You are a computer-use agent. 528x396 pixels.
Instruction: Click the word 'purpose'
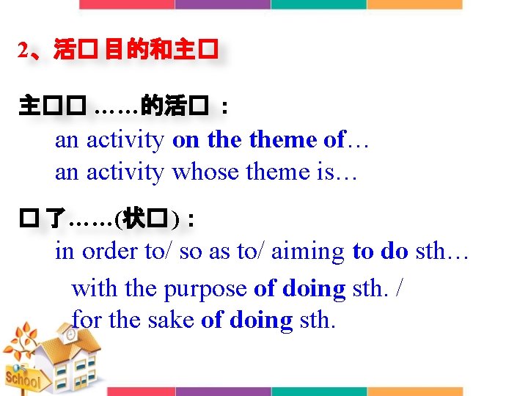point(205,290)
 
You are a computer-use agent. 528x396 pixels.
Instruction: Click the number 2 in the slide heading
point(23,51)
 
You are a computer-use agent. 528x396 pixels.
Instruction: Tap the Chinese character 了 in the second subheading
point(55,218)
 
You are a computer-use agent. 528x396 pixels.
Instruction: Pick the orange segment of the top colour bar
point(415,4)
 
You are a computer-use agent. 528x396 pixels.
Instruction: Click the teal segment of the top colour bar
point(318,4)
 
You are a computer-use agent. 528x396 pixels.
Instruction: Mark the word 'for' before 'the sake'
point(86,320)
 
